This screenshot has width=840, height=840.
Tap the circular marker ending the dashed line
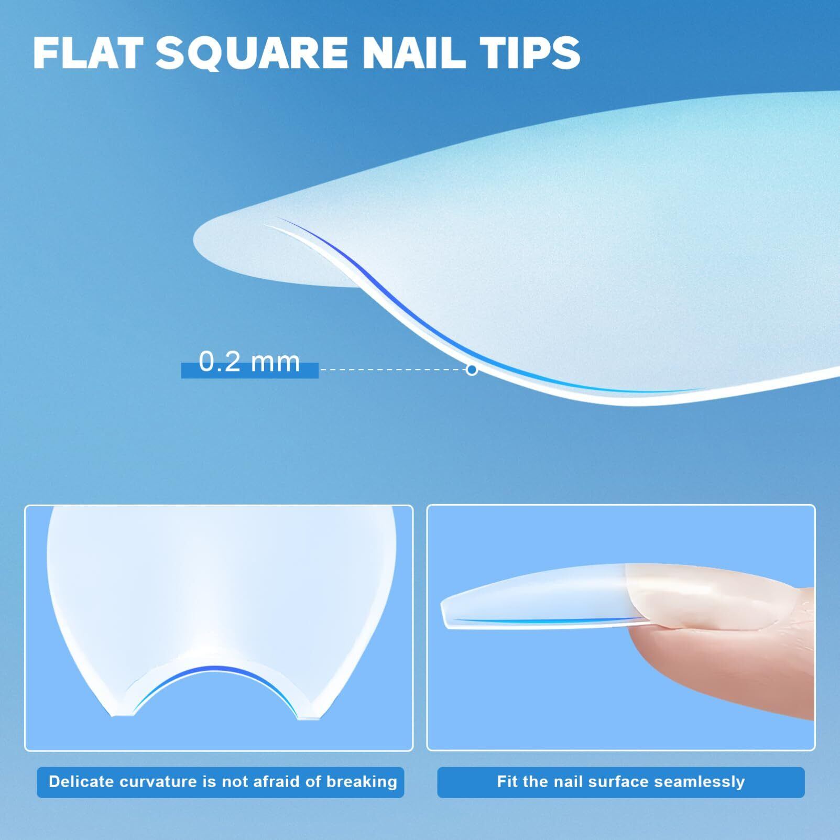click(472, 369)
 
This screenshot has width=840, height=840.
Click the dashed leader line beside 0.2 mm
click(393, 369)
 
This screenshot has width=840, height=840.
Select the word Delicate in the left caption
click(81, 781)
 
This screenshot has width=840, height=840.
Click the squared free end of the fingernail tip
click(445, 613)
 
